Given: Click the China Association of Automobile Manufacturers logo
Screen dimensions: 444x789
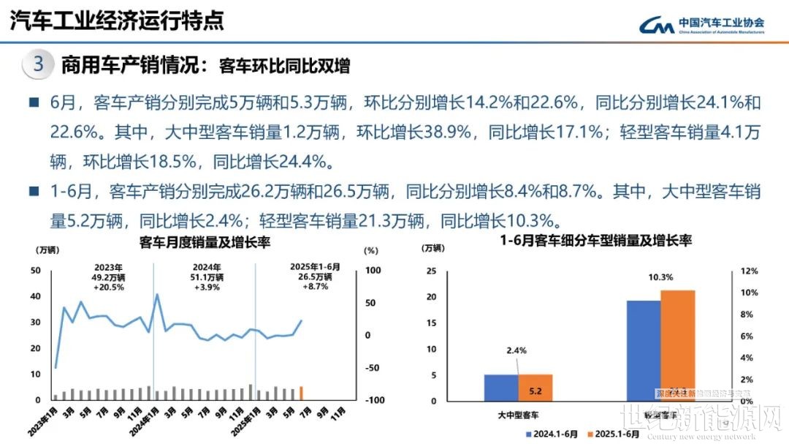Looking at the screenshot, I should (701, 26).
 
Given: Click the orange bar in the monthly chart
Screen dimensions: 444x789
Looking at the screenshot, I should (301, 394).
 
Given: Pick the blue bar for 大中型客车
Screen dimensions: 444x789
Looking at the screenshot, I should (502, 388).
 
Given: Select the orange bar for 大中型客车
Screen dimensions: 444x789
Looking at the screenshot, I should (535, 388).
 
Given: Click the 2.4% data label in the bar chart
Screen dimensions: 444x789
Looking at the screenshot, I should (517, 350).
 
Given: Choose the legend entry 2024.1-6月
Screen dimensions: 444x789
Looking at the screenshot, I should (551, 434).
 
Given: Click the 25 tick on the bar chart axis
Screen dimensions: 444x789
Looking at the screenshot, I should (431, 271).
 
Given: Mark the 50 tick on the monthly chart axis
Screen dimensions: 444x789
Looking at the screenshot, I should (36, 271).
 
